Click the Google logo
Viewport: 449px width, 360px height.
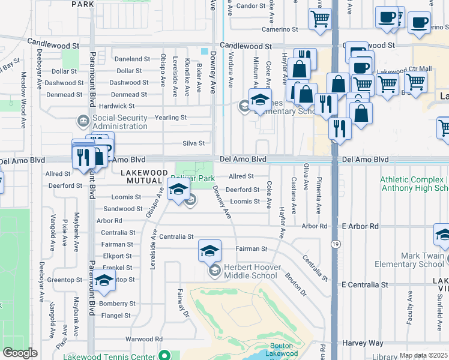[x=20, y=353]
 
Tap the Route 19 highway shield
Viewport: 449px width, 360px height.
[x=336, y=244]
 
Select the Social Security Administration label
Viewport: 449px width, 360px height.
[x=120, y=122]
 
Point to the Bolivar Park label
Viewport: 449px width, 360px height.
[x=192, y=178]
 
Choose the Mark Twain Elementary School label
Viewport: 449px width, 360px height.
[x=409, y=260]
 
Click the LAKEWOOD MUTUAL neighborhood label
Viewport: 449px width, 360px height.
[x=142, y=176]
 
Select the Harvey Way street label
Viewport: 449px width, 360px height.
[x=363, y=343]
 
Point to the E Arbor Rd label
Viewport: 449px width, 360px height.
[x=360, y=226]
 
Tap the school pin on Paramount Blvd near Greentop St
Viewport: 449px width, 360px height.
[x=104, y=280]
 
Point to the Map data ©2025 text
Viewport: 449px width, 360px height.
[x=423, y=355]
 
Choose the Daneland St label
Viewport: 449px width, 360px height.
[x=132, y=59]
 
